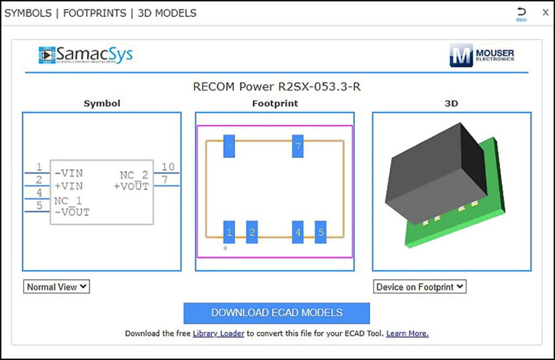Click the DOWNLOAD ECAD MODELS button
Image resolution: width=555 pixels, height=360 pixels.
[276, 313]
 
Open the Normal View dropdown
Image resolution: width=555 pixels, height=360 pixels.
[56, 287]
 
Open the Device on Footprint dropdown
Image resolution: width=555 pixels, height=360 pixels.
[420, 287]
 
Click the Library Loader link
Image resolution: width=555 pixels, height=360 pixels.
[218, 333]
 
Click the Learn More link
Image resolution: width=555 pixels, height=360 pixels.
[407, 333]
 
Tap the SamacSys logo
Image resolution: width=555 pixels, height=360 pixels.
[86, 55]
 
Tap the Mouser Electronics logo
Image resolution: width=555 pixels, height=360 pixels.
[482, 55]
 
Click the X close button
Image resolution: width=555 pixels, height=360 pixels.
[545, 12]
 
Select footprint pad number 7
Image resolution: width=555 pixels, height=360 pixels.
[298, 146]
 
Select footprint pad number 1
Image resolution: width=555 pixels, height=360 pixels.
[229, 232]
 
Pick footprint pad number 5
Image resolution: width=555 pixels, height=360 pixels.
[320, 232]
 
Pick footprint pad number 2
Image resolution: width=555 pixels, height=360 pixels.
[251, 232]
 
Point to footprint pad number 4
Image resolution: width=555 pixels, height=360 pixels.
[298, 232]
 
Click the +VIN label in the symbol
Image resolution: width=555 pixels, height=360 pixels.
[69, 185]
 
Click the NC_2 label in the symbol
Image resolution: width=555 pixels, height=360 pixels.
[134, 175]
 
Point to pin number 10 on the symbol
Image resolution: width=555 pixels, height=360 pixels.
[168, 167]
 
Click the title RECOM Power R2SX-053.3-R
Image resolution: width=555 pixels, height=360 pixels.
[276, 87]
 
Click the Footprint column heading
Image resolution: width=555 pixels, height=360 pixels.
[275, 103]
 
